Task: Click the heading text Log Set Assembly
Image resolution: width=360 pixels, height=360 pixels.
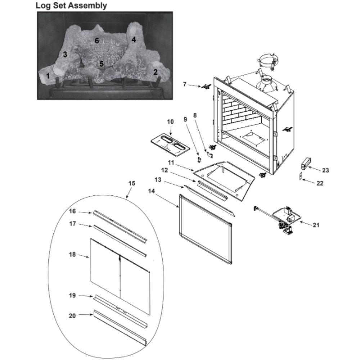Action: click(71, 5)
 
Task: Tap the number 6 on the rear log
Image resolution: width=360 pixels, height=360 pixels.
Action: click(97, 41)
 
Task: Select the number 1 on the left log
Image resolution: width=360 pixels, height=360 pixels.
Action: click(48, 76)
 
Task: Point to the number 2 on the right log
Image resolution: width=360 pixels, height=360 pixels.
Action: click(156, 72)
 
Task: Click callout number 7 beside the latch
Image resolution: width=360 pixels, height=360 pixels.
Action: click(185, 84)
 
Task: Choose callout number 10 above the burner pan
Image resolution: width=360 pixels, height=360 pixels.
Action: click(170, 122)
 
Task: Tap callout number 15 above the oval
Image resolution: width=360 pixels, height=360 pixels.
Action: click(132, 183)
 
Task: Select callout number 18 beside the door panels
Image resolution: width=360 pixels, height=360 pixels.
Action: click(72, 255)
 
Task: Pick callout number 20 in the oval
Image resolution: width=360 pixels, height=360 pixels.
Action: click(72, 316)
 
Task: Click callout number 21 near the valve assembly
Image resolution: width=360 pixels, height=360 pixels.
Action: click(316, 225)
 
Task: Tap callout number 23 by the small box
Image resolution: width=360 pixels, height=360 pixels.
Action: click(325, 170)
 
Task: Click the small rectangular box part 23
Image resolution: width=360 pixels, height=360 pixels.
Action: click(305, 163)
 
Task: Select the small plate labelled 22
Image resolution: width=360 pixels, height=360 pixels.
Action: click(301, 176)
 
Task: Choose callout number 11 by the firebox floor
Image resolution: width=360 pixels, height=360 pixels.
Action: click(171, 163)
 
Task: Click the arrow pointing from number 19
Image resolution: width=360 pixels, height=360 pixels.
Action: click(86, 296)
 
